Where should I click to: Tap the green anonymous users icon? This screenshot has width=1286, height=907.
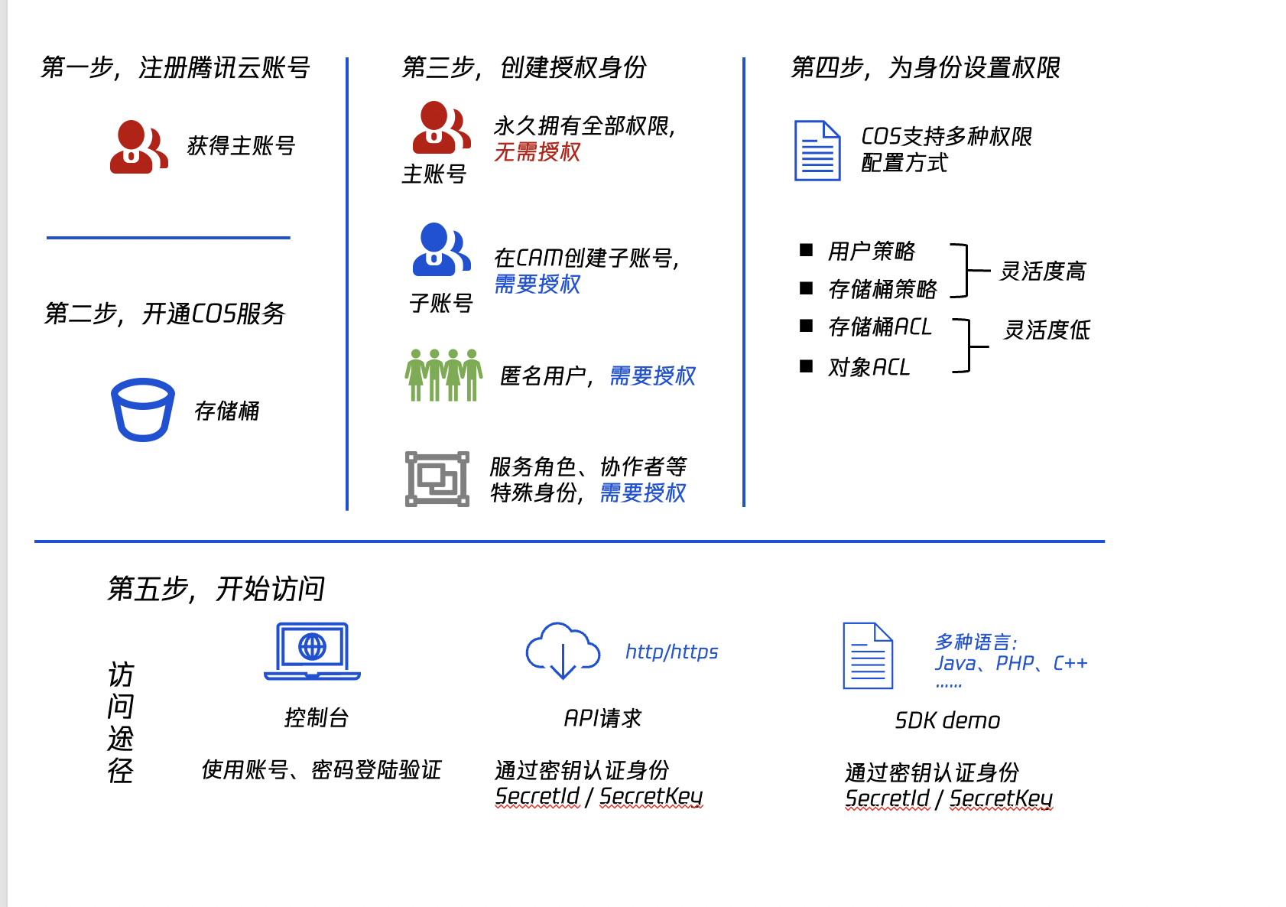point(443,375)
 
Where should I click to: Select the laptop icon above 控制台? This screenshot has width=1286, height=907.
point(312,652)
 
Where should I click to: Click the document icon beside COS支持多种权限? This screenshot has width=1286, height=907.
point(817,151)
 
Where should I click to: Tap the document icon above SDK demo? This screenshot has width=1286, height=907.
point(868,655)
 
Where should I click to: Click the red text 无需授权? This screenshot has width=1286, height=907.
point(537,152)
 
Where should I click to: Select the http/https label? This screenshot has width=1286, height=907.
point(671,652)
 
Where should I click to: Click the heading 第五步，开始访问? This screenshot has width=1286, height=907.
point(216,589)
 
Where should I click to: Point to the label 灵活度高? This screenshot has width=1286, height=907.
point(1042,271)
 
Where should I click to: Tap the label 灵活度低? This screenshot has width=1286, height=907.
point(1046,330)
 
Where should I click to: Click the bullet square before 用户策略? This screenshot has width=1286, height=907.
point(806,250)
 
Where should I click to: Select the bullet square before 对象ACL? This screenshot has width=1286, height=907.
point(806,366)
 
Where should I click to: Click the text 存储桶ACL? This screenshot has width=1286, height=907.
point(879,327)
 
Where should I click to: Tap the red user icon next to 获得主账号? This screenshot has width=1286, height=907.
point(138,147)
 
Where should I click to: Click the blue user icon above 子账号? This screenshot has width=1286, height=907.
point(441,249)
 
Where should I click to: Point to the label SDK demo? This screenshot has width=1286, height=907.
point(947,720)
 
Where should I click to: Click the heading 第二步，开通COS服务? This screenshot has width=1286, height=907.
point(164,314)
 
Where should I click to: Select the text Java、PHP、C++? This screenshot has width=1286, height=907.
point(1011,664)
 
